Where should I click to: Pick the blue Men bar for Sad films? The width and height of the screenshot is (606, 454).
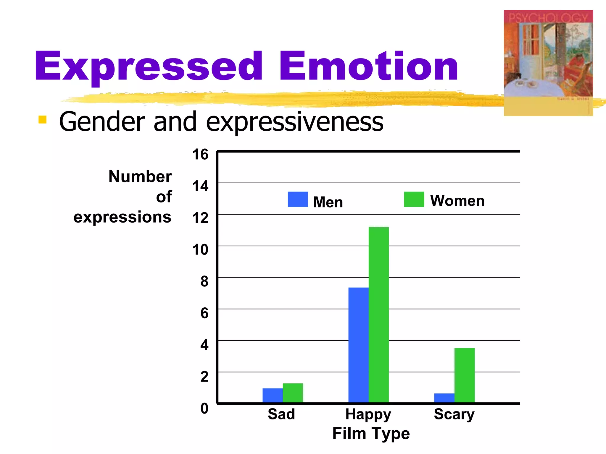click(273, 395)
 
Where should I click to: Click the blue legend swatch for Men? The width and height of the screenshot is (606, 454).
click(298, 199)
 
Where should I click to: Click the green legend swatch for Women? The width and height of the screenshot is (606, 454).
click(414, 199)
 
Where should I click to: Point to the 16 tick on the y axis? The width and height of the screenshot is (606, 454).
click(200, 155)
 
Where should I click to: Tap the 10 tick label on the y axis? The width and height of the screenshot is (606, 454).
click(200, 250)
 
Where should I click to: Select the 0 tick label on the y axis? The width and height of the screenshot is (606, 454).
click(204, 408)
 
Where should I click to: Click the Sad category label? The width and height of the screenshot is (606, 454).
click(281, 414)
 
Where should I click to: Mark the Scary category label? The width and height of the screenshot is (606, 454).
click(454, 414)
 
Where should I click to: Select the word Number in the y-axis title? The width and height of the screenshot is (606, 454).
click(140, 177)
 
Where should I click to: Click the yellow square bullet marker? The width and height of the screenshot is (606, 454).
click(43, 119)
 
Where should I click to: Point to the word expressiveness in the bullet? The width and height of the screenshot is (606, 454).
click(294, 122)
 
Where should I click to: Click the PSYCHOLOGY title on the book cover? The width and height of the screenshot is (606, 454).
click(548, 18)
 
